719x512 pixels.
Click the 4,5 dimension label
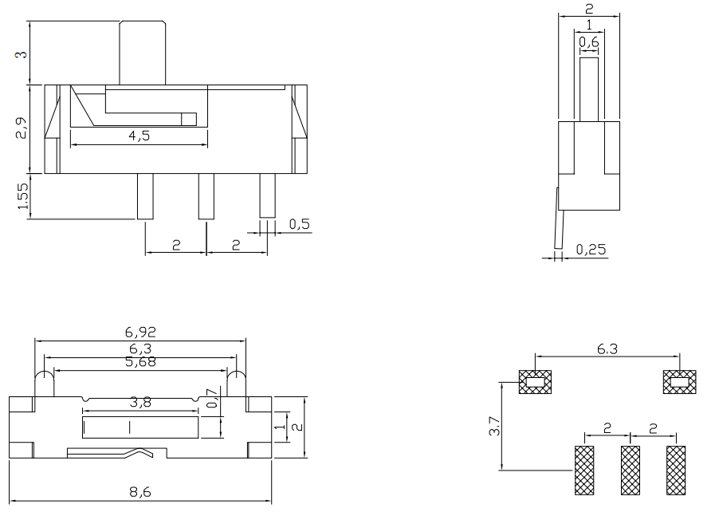click(x=139, y=136)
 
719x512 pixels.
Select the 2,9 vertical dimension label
click(x=22, y=128)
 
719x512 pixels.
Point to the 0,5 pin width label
click(x=299, y=224)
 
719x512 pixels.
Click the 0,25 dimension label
click(x=590, y=250)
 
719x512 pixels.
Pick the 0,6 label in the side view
click(x=589, y=41)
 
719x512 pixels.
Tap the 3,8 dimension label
click(x=140, y=404)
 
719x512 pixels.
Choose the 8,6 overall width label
click(x=141, y=492)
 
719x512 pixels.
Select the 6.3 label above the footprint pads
click(x=606, y=348)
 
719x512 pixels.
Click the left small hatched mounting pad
click(x=535, y=383)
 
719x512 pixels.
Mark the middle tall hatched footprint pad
click(x=631, y=469)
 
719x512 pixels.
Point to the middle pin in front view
click(x=206, y=196)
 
